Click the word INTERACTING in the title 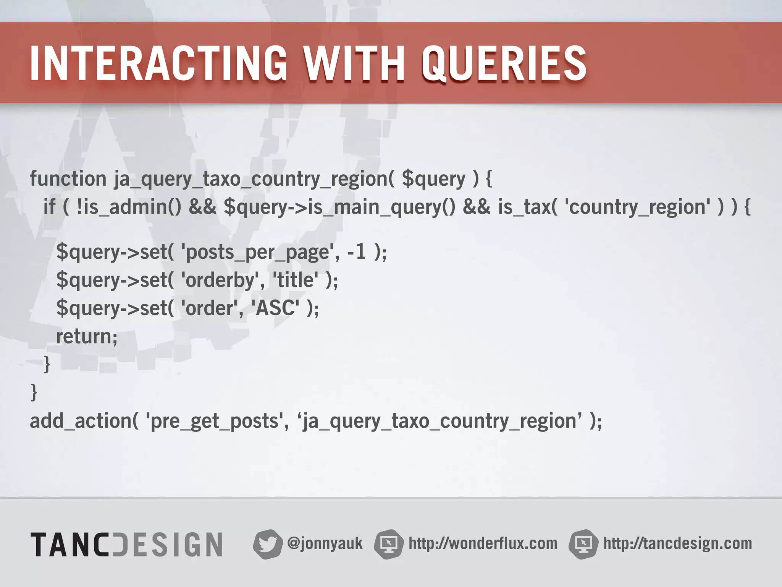pyautogui.click(x=158, y=63)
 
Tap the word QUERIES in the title pyautogui.click(x=504, y=63)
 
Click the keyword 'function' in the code pyautogui.click(x=68, y=179)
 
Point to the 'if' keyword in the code pyautogui.click(x=49, y=207)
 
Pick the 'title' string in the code pyautogui.click(x=295, y=280)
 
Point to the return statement pyautogui.click(x=87, y=336)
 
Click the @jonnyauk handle pyautogui.click(x=325, y=543)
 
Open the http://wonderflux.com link pyautogui.click(x=483, y=543)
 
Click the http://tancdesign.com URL pyautogui.click(x=677, y=543)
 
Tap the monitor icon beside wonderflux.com pyautogui.click(x=389, y=544)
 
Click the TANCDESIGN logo pyautogui.click(x=126, y=544)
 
